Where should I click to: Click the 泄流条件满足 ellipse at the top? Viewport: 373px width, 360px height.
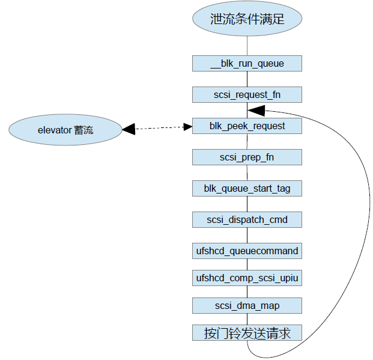point(247,19)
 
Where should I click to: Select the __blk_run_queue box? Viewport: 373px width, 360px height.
point(247,64)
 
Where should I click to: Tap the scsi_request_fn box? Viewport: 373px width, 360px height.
point(247,95)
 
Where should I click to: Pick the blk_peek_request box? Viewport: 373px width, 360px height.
point(247,126)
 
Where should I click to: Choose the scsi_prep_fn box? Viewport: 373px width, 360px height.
point(247,157)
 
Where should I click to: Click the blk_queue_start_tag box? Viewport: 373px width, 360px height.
point(247,189)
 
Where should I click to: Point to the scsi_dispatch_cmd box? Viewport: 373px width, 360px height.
point(247,220)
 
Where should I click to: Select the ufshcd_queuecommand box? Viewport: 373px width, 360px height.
point(247,251)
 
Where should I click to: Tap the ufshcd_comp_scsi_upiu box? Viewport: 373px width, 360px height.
point(247,278)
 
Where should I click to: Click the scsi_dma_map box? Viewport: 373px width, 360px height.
point(247,306)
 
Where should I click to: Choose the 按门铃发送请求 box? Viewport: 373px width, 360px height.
point(247,333)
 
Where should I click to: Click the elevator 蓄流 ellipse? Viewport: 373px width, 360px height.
point(65,130)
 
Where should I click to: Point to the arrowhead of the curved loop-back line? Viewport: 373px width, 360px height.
point(255,111)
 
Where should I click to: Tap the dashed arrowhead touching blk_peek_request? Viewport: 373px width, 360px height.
point(187,127)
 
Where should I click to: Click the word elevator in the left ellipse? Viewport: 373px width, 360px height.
point(55,130)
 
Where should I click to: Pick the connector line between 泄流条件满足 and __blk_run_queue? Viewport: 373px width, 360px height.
point(247,45)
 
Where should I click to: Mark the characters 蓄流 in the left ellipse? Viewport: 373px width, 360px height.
point(83,130)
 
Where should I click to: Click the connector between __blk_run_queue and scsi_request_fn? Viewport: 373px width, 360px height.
point(247,79)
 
